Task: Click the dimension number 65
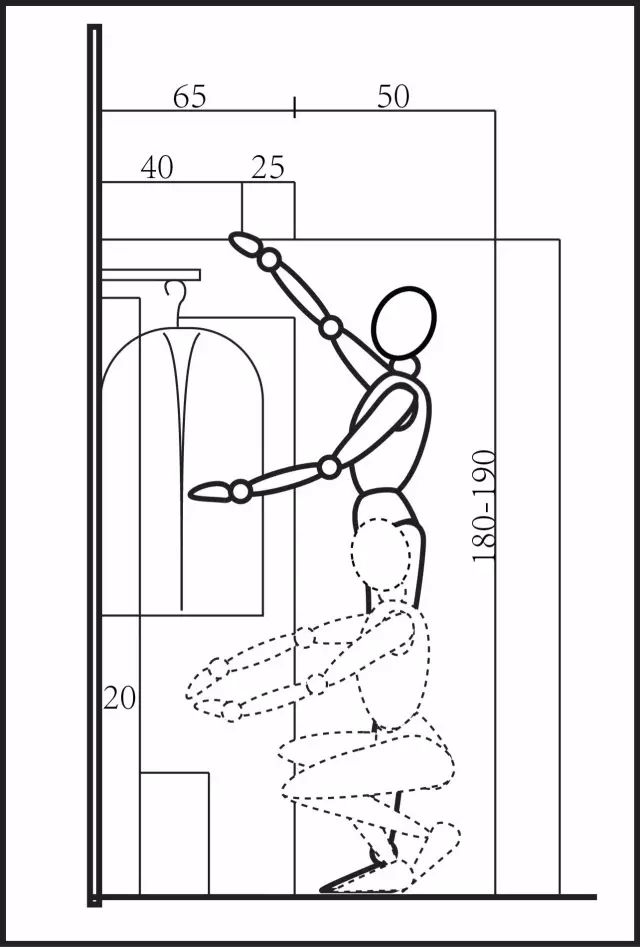click(190, 97)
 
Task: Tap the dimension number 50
click(393, 97)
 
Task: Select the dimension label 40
click(157, 167)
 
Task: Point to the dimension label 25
click(267, 167)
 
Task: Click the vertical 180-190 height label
click(484, 506)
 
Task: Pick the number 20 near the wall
click(120, 698)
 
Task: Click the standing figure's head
click(403, 323)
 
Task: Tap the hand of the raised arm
click(245, 245)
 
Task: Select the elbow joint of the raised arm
click(330, 327)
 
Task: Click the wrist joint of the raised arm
click(269, 260)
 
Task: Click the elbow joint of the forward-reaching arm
click(329, 467)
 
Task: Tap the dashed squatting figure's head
click(381, 554)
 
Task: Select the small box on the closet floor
click(174, 833)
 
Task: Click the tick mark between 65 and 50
click(294, 107)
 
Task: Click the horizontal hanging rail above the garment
click(151, 275)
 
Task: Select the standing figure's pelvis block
click(385, 506)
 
